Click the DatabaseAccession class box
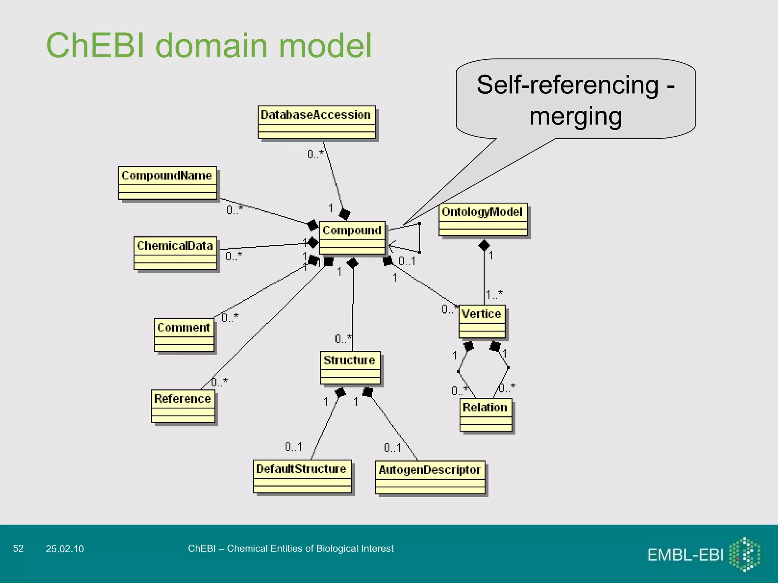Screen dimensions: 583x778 click(316, 122)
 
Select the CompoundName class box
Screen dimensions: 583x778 click(168, 183)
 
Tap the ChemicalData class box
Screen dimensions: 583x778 click(175, 253)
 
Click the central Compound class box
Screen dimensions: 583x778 click(352, 238)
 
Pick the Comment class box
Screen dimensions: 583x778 click(184, 335)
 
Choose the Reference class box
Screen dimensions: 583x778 click(183, 406)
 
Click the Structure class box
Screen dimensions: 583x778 click(350, 368)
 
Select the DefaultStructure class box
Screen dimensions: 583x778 click(302, 477)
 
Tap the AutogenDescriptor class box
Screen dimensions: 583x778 click(430, 477)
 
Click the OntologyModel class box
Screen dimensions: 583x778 click(483, 219)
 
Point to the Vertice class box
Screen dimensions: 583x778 click(482, 321)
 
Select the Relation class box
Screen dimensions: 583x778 click(485, 415)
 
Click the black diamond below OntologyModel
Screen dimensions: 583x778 click(484, 246)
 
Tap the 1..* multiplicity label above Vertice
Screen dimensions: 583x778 click(494, 295)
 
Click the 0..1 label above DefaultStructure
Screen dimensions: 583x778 click(293, 447)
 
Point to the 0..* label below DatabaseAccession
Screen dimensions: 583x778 click(315, 154)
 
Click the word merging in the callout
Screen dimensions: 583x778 click(575, 116)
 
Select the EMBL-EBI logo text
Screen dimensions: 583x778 click(685, 555)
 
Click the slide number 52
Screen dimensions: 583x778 click(18, 548)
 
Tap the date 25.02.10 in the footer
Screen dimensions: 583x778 click(65, 549)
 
